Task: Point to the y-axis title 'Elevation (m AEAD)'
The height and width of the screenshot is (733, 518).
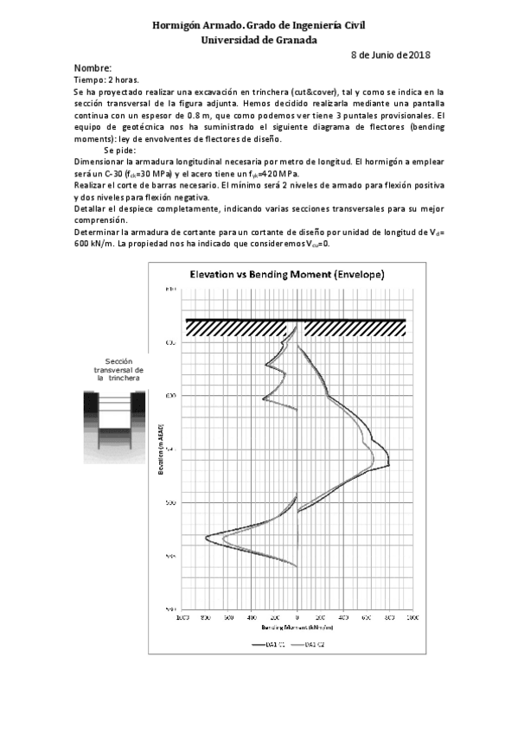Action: pyautogui.click(x=161, y=450)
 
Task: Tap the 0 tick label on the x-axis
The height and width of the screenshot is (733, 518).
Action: pyautogui.click(x=297, y=617)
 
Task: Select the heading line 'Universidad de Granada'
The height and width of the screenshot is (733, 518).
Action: pyautogui.click(x=259, y=40)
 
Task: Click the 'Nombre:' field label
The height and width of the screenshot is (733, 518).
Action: pyautogui.click(x=93, y=68)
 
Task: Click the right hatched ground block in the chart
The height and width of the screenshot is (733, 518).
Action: pyautogui.click(x=354, y=328)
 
